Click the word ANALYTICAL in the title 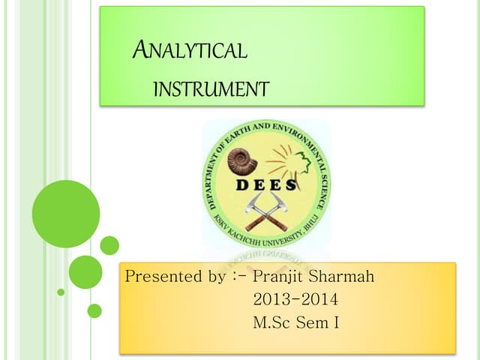point(189,51)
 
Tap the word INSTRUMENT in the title point(210,90)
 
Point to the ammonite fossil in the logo point(241,160)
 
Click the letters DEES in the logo point(266,185)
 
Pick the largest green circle point(66,214)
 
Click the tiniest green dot point(61,292)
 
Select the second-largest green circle point(85,271)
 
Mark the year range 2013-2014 point(295,300)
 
